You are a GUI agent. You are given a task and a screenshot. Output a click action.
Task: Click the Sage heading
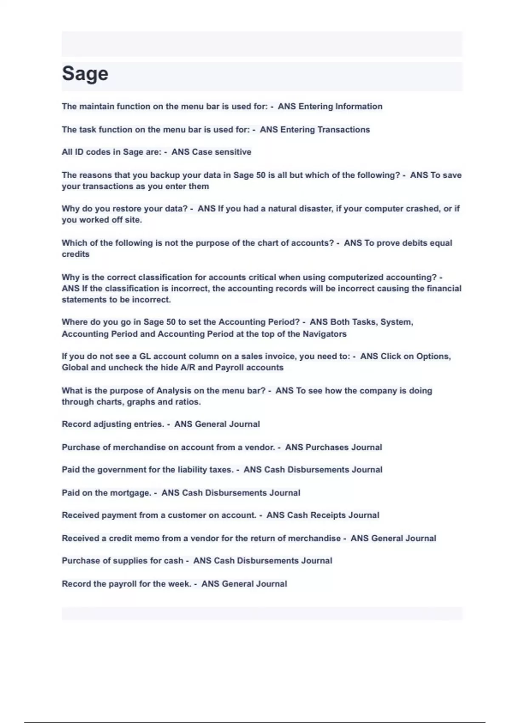point(85,74)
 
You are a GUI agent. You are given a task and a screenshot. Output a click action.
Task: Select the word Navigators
point(324,334)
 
